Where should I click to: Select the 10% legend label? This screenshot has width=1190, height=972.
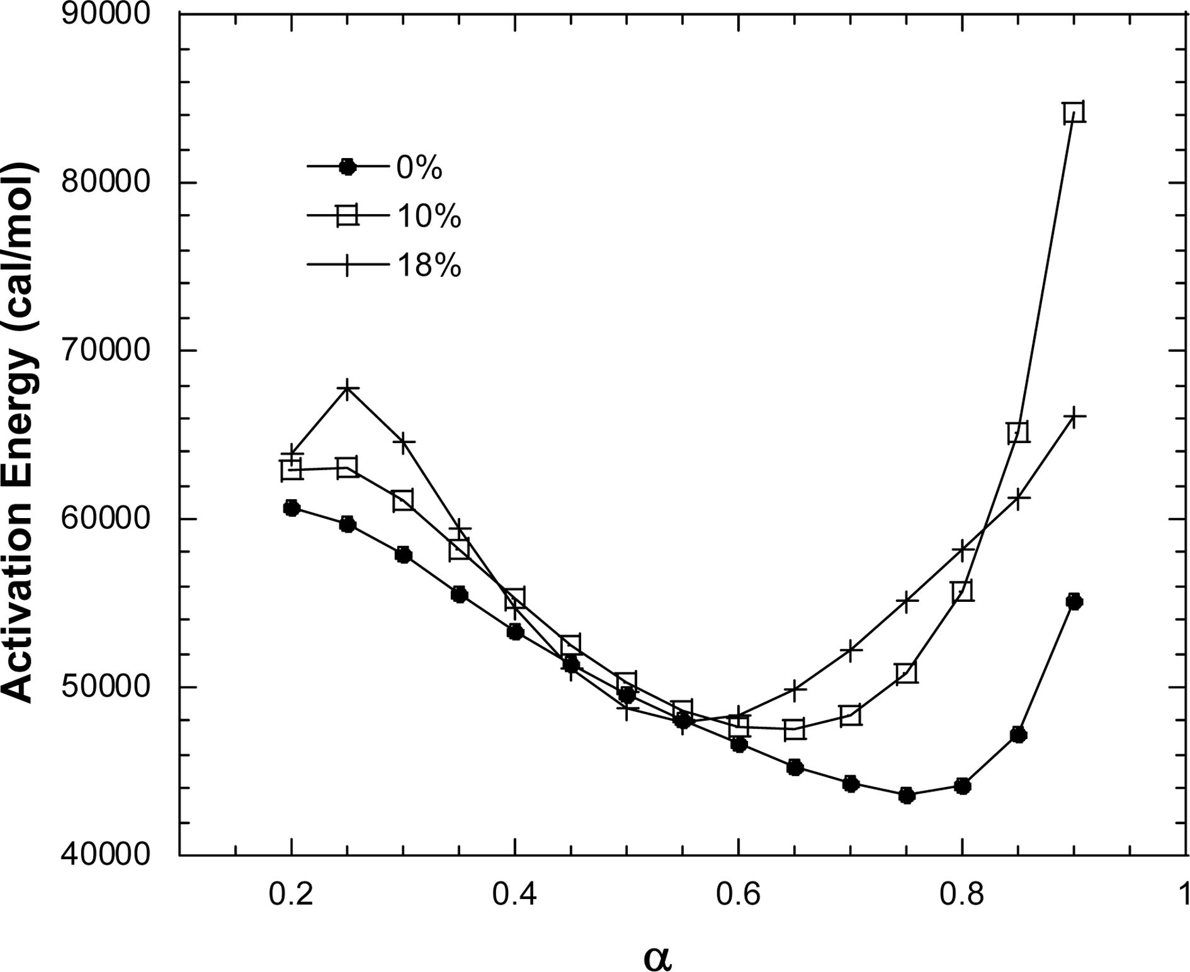pyautogui.click(x=428, y=217)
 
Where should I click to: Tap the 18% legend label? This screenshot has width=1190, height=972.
pyautogui.click(x=428, y=266)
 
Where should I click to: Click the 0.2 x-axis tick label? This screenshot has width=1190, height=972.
pyautogui.click(x=291, y=895)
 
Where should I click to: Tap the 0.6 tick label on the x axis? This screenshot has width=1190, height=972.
pyautogui.click(x=739, y=895)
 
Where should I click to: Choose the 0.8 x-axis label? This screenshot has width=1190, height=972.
pyautogui.click(x=962, y=895)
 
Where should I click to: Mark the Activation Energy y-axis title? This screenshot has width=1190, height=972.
pyautogui.click(x=21, y=434)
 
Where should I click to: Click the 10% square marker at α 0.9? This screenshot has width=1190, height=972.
pyautogui.click(x=1074, y=113)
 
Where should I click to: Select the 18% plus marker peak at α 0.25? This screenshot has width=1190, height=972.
pyautogui.click(x=348, y=388)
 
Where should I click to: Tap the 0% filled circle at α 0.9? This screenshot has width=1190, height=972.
pyautogui.click(x=1074, y=601)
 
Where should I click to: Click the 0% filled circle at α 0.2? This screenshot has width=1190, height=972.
pyautogui.click(x=292, y=507)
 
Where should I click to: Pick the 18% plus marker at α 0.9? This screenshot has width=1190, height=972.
pyautogui.click(x=1074, y=417)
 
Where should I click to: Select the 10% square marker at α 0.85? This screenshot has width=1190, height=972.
pyautogui.click(x=1018, y=432)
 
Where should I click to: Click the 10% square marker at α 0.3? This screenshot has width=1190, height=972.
pyautogui.click(x=403, y=500)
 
